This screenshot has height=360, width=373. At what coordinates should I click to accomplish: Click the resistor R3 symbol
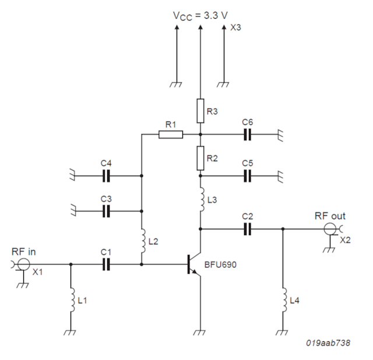tap(200, 110)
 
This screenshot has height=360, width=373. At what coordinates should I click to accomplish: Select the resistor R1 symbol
tap(171, 134)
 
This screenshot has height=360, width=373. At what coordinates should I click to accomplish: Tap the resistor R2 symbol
tap(200, 156)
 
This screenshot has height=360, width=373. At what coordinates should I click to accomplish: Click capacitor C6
tap(248, 134)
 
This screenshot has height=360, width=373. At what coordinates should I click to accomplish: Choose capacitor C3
tap(106, 211)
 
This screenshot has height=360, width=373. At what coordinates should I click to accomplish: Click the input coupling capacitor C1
tap(106, 264)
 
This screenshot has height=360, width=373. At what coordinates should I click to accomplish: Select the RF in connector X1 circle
tap(23, 264)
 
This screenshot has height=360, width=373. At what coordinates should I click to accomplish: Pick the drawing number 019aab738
tap(328, 343)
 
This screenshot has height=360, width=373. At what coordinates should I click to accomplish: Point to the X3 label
tap(236, 28)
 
